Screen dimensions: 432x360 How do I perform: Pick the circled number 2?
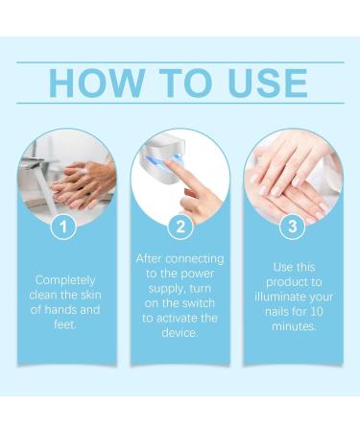[x=179, y=227]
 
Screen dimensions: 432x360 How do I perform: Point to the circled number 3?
[x=292, y=227]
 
